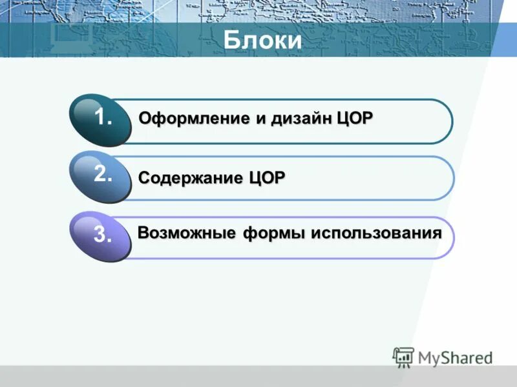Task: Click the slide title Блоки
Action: [x=262, y=40]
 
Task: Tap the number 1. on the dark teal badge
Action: [x=103, y=118]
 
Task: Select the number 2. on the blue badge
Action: [x=103, y=174]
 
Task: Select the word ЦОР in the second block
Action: [x=266, y=177]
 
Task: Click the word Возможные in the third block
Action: [x=186, y=233]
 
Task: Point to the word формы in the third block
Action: [x=273, y=233]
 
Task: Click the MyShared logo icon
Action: [x=403, y=357]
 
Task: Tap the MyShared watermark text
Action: [x=455, y=357]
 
